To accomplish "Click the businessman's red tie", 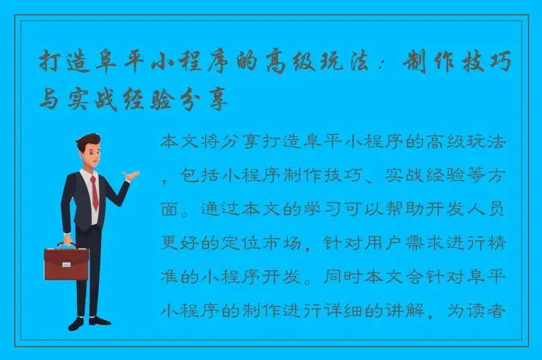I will [x=93, y=192].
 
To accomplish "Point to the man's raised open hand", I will [x=132, y=174].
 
